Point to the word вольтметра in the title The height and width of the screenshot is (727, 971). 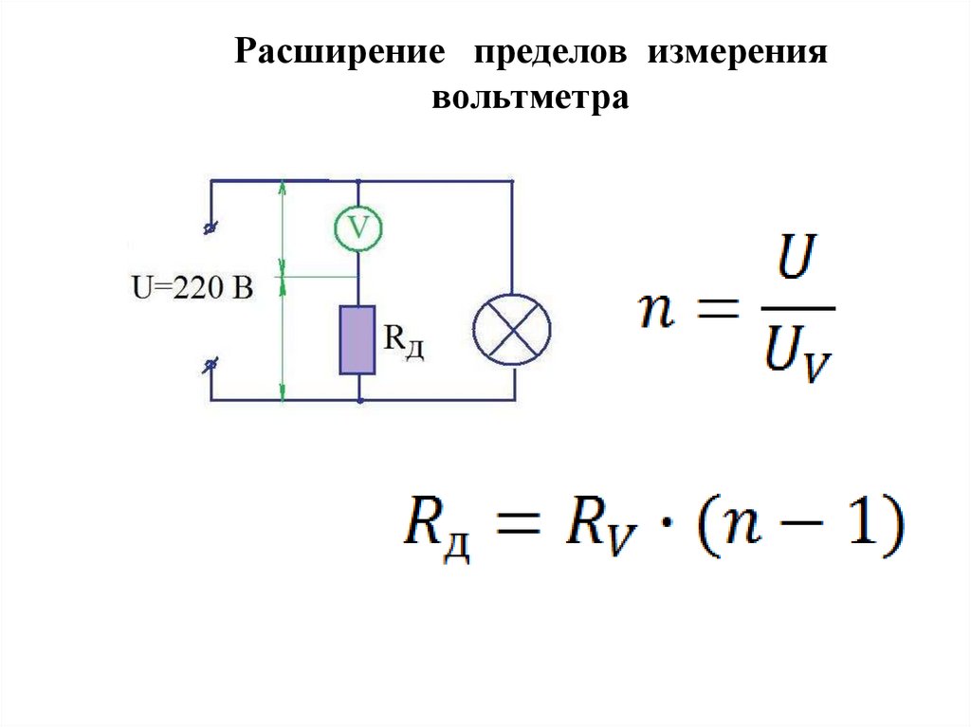(531, 98)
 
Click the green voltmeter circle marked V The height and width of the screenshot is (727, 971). (357, 227)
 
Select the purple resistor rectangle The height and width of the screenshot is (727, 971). (357, 338)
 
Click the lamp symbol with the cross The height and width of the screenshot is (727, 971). (513, 327)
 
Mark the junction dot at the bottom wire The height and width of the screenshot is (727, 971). (358, 401)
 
